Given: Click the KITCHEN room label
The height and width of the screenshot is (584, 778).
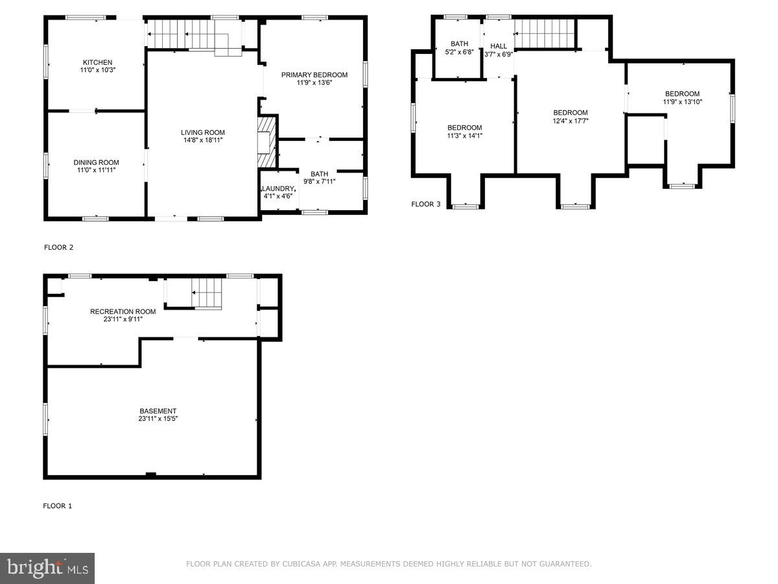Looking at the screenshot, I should [x=97, y=62].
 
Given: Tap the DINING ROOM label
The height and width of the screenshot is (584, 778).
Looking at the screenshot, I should [x=96, y=162].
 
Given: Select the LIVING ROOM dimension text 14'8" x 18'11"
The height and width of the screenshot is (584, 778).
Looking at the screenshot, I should [x=203, y=140].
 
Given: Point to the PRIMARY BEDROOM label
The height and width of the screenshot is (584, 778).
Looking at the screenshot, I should [x=314, y=75].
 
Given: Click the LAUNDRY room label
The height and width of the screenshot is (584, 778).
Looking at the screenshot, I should [x=279, y=188].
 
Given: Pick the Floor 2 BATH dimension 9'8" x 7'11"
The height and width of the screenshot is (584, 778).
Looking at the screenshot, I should [x=319, y=182].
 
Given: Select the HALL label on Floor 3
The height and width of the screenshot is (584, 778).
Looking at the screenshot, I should [x=499, y=46].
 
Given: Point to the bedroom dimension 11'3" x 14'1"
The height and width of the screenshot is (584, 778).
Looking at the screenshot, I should [x=465, y=136].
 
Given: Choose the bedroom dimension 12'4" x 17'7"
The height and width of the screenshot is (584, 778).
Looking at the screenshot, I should [x=570, y=121].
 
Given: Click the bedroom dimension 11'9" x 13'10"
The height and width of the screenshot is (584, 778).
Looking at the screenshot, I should [x=682, y=101].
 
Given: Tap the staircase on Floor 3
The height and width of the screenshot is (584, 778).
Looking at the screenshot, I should [x=545, y=33].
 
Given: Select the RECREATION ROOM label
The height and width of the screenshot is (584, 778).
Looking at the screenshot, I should [x=123, y=311].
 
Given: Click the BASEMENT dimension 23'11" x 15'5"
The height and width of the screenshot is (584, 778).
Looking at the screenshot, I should [x=158, y=419].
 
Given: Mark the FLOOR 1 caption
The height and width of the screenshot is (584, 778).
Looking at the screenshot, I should [x=58, y=505].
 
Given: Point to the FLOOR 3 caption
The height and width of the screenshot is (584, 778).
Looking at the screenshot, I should [x=426, y=204].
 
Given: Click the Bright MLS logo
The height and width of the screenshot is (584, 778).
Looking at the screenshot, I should [x=47, y=568].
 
